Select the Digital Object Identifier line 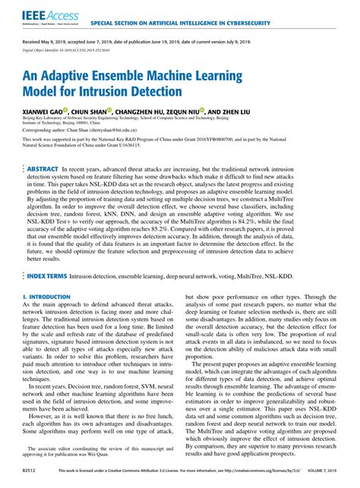click(x=66, y=56)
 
